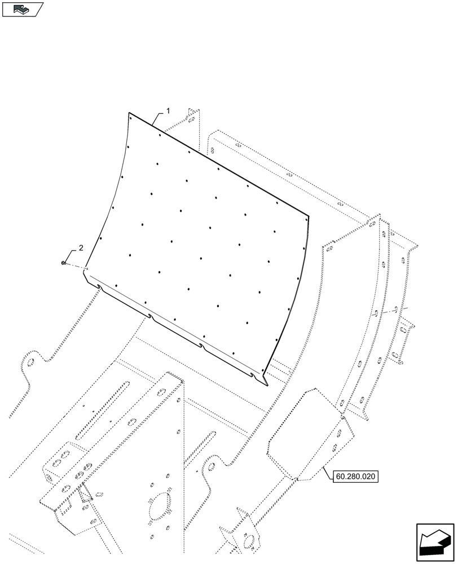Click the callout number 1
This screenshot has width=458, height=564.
coord(168,111)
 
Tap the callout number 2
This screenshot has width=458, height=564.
coord(81,248)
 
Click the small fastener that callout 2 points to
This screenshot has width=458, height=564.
coord(65,263)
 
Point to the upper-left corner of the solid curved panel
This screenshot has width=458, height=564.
coord(130,114)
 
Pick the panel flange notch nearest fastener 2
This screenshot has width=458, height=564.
coord(99,287)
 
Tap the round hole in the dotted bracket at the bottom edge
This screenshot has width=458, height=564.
coord(247,540)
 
